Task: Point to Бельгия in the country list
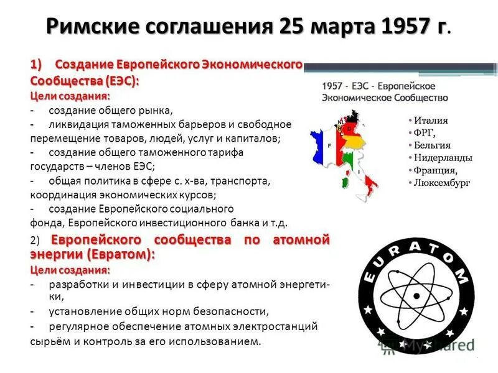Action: pos(432,145)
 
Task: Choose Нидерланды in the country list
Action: pos(443,157)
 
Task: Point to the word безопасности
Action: pos(230,311)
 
